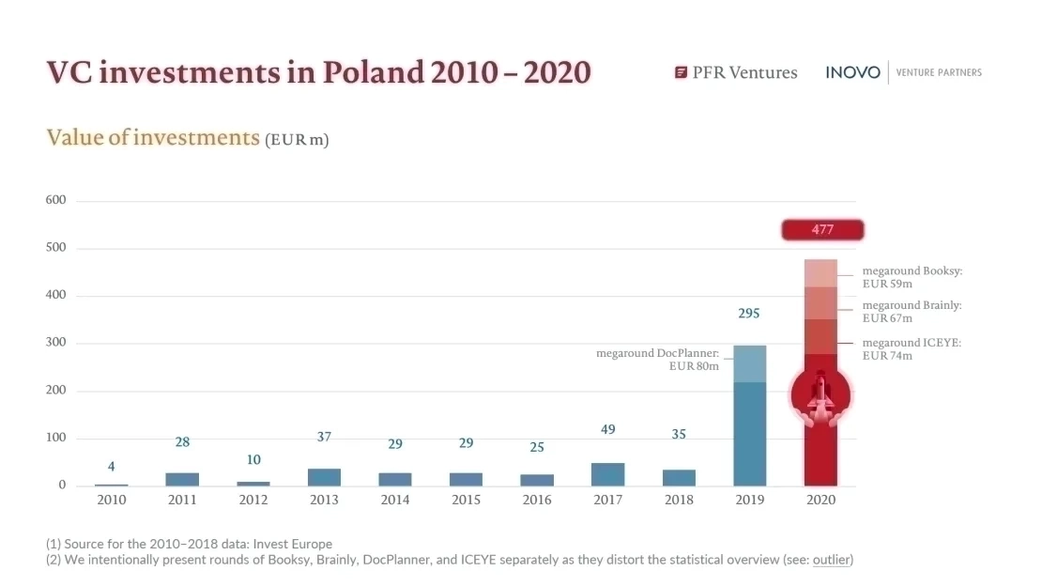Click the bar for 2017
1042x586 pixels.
[x=607, y=474]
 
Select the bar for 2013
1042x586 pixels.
[x=324, y=477]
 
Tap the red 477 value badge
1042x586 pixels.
[x=822, y=230]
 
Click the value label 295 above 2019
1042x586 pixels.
[x=748, y=314]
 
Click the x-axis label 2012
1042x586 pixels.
[x=253, y=501]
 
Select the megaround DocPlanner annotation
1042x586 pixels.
[x=657, y=360]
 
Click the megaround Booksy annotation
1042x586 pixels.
[x=912, y=277]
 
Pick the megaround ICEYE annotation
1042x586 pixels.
[x=911, y=349]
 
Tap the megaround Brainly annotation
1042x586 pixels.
[x=912, y=312]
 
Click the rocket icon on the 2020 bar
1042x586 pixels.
[x=820, y=394]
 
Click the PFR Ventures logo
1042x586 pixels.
[x=736, y=72]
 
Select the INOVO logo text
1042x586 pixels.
[x=852, y=72]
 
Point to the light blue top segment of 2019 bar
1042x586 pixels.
[x=749, y=364]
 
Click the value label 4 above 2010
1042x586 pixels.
[x=111, y=467]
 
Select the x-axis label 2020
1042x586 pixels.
[x=820, y=501]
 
